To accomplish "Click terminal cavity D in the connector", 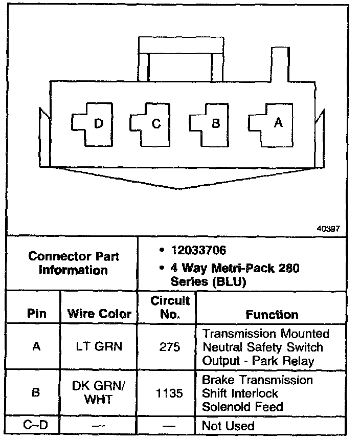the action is (91, 123).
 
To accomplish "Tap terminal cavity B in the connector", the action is (210, 123).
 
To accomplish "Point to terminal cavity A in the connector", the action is (269, 122).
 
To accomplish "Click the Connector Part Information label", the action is (74, 262).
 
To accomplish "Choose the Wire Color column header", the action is (99, 314).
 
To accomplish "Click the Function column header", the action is (272, 314).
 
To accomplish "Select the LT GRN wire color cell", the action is (99, 347).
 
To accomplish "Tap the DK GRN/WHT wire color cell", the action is (99, 393).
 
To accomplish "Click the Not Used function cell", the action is (228, 425).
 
